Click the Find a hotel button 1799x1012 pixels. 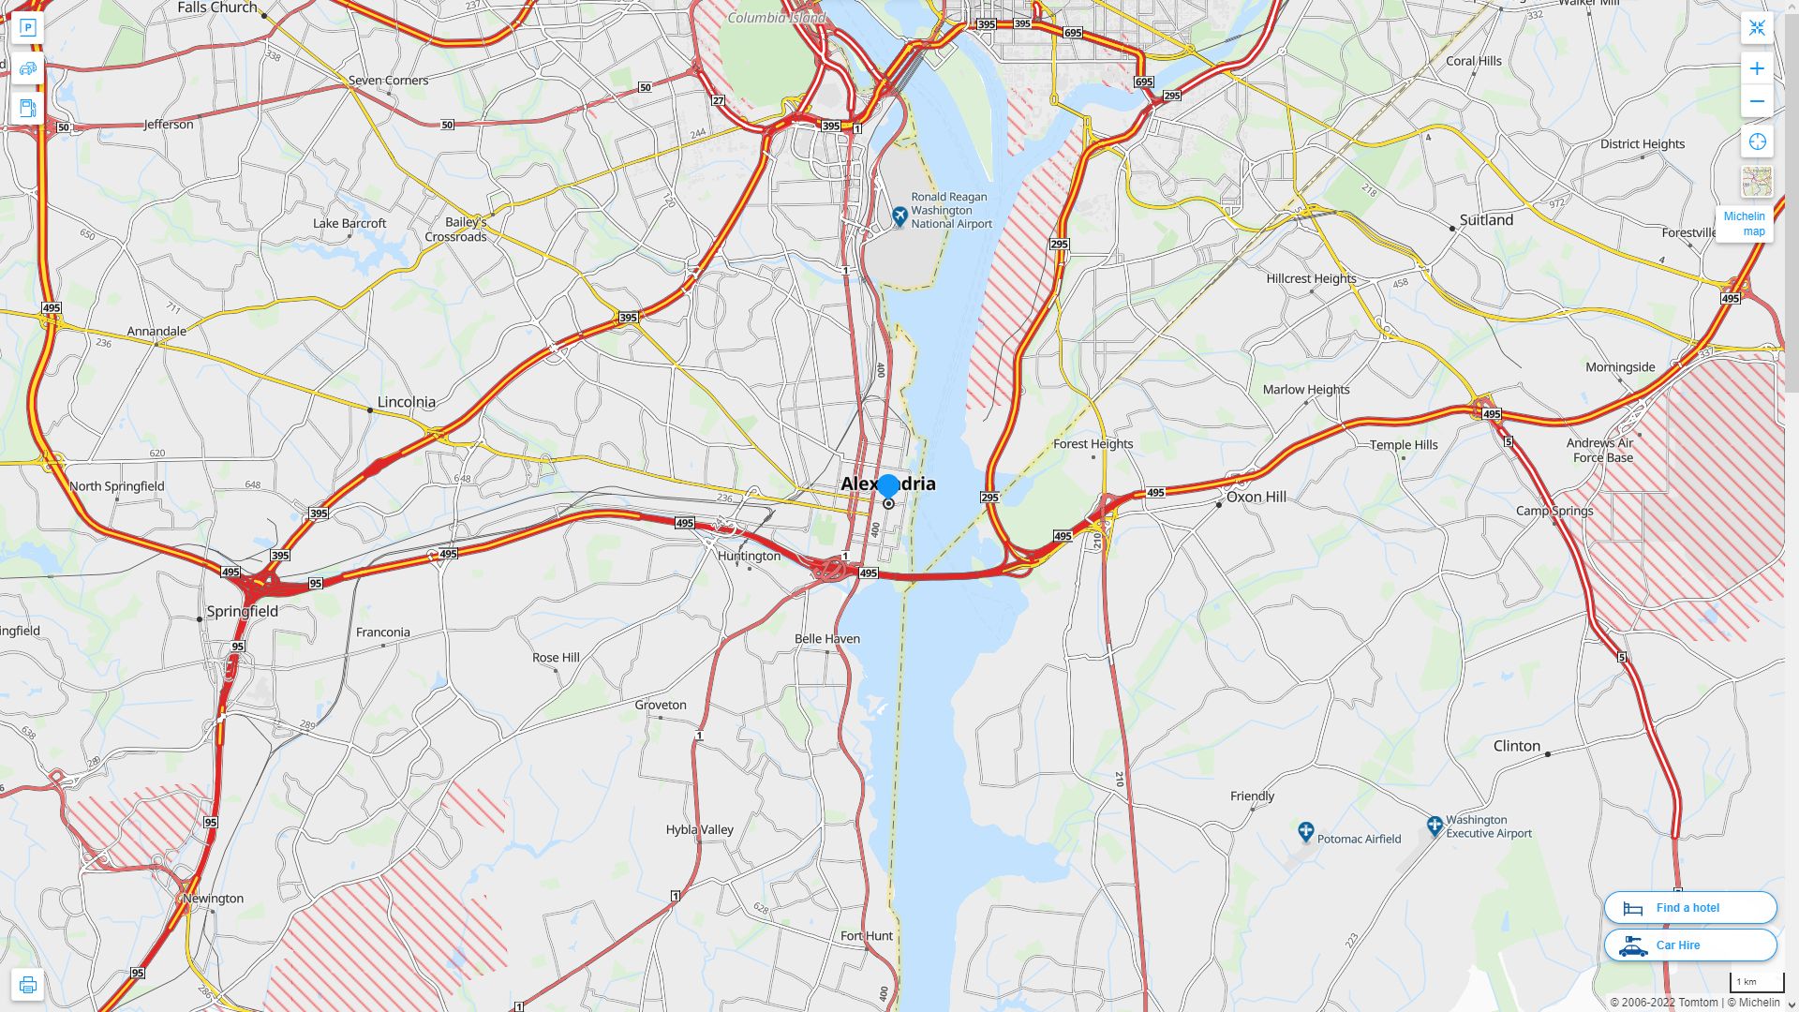coord(1689,907)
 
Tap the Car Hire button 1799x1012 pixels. coord(1689,945)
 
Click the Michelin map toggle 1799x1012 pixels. coord(1744,223)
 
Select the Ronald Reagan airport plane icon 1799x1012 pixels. coord(899,216)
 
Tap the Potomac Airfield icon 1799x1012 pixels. coord(1305,831)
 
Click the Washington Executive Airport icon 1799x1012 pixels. coord(1434,826)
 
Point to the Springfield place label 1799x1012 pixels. coord(242,611)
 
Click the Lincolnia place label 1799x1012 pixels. coord(406,402)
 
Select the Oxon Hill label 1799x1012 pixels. coord(1256,497)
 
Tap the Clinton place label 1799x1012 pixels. coord(1516,746)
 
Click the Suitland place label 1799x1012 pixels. coord(1486,220)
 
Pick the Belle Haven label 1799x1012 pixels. coord(826,639)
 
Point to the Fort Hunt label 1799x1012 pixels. coord(866,936)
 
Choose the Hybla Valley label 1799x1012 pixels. coord(699,830)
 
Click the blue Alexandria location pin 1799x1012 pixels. coord(887,486)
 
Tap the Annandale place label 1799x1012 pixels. coord(156,332)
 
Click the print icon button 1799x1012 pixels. coord(27,985)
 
